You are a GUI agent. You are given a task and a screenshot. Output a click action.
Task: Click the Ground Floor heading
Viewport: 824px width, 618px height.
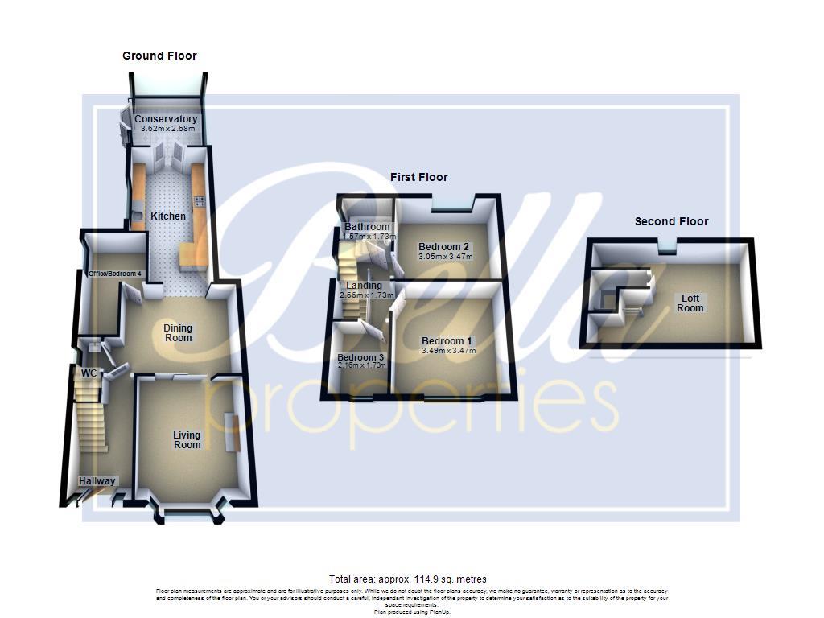[159, 56]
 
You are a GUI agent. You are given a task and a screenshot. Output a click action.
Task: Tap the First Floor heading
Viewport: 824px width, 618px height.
[418, 177]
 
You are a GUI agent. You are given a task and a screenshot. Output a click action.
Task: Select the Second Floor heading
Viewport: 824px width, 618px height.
[671, 221]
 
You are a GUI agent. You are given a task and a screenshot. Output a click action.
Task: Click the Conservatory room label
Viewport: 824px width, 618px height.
[166, 119]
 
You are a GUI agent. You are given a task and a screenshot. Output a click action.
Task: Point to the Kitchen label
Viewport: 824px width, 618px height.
[168, 216]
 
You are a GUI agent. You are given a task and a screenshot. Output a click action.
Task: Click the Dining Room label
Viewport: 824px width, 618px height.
[178, 333]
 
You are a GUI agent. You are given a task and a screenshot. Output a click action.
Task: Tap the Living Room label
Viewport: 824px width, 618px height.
[187, 440]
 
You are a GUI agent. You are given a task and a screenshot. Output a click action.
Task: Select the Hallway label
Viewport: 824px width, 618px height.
[97, 481]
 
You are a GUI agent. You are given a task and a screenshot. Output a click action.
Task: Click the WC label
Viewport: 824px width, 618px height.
[89, 373]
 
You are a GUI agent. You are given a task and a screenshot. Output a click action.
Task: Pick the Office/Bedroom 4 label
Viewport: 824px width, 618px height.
[115, 274]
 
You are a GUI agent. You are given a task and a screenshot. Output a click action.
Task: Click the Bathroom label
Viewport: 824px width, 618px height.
[367, 227]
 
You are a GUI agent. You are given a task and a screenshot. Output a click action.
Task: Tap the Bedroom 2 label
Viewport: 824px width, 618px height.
[443, 247]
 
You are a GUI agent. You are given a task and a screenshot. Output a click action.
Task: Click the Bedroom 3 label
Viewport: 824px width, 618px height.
[360, 357]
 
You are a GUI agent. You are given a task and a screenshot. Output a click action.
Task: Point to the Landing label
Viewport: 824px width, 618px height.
[365, 286]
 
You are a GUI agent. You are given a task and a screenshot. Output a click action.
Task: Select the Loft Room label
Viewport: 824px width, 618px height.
[690, 303]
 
